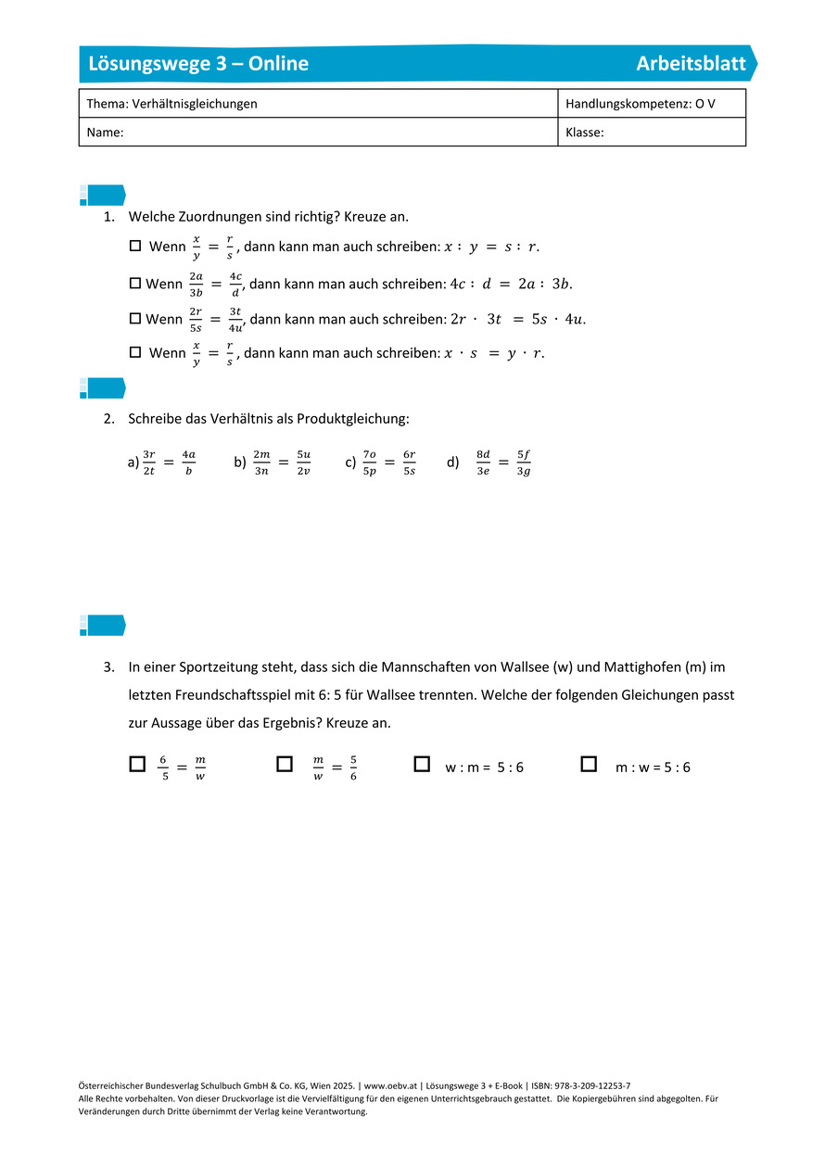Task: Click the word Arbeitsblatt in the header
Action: tap(691, 64)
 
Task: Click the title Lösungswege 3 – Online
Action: tap(198, 64)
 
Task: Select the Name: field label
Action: tap(106, 133)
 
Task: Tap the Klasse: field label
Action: tap(585, 133)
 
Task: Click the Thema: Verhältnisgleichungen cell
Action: tap(172, 104)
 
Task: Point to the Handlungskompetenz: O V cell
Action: tap(641, 104)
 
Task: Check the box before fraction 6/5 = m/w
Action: tap(138, 764)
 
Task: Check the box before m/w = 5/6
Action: tap(285, 764)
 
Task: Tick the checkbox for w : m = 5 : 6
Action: tap(422, 764)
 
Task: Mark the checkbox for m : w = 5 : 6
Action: tap(589, 764)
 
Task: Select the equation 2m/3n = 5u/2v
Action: tap(282, 463)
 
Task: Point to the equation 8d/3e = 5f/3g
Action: tap(503, 463)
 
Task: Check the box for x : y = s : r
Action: tap(135, 247)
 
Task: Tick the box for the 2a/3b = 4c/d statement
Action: tap(135, 283)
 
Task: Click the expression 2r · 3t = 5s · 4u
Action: tap(517, 320)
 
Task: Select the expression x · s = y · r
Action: tap(493, 353)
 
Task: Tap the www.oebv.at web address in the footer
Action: tap(389, 1085)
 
